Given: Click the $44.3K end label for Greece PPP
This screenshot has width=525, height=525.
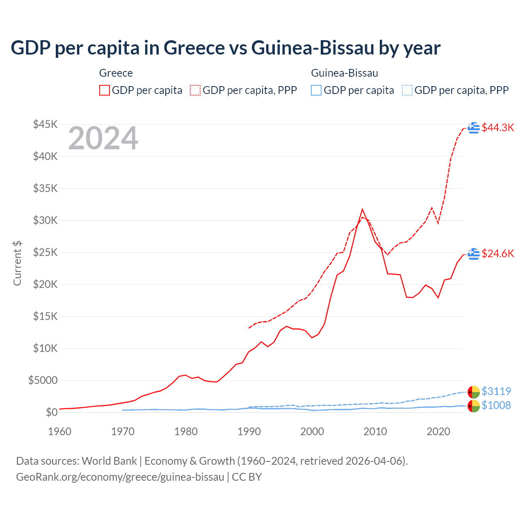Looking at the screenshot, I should tap(498, 128).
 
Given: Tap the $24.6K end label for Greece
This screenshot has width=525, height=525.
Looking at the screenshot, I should tap(498, 253).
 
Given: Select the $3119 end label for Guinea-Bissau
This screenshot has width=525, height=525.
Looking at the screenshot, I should tap(496, 391).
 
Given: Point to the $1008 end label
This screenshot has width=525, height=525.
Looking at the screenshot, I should tap(496, 405).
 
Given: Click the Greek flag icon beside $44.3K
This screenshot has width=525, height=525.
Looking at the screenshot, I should tap(474, 128).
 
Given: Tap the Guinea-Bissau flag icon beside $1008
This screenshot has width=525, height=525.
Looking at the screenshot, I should tap(474, 406).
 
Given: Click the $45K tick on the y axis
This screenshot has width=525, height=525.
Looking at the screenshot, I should tap(46, 124).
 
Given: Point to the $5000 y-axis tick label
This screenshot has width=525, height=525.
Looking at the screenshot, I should tap(43, 380).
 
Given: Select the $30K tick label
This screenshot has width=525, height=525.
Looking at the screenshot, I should tap(46, 220).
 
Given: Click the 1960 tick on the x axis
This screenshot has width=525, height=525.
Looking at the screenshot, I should tap(60, 431).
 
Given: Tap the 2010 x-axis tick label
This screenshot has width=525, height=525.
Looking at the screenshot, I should tap(375, 431).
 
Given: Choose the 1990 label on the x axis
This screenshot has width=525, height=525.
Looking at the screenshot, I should tap(249, 431).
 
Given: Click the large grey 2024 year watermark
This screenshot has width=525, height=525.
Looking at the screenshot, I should tap(103, 138).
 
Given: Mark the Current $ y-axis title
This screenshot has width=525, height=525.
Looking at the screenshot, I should tap(17, 263).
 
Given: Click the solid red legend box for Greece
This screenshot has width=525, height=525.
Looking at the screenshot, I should tap(105, 90).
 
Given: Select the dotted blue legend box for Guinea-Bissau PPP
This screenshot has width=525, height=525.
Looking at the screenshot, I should tap(407, 90).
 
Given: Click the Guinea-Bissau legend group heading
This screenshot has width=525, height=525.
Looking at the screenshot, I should tap(345, 73).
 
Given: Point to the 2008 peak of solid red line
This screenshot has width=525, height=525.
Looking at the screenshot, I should tap(362, 209).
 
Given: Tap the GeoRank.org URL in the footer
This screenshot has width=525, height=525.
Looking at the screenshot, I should tap(120, 477).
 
